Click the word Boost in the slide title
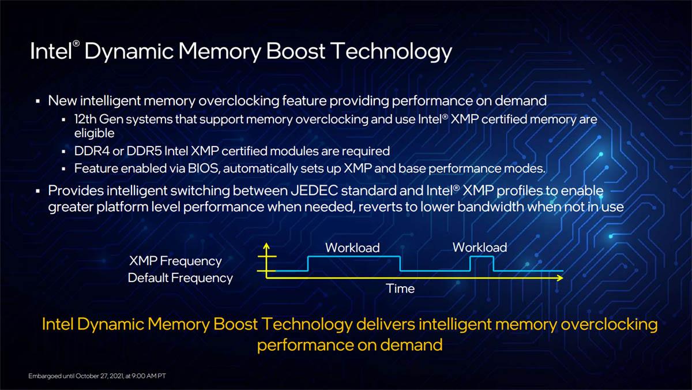point(295,51)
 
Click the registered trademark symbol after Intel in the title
point(76,44)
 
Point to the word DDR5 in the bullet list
point(144,151)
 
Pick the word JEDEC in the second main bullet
point(314,191)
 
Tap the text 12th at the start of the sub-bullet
point(85,119)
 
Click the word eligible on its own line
point(94,133)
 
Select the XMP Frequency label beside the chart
point(175,261)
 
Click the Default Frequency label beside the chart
point(180,278)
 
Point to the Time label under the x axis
point(400,288)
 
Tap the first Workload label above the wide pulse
point(352,247)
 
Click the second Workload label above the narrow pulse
point(480,247)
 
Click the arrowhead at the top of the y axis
point(266,246)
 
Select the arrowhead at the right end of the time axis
point(560,278)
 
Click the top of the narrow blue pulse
point(482,257)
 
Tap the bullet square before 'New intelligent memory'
point(37,101)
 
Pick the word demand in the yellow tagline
point(411,345)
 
